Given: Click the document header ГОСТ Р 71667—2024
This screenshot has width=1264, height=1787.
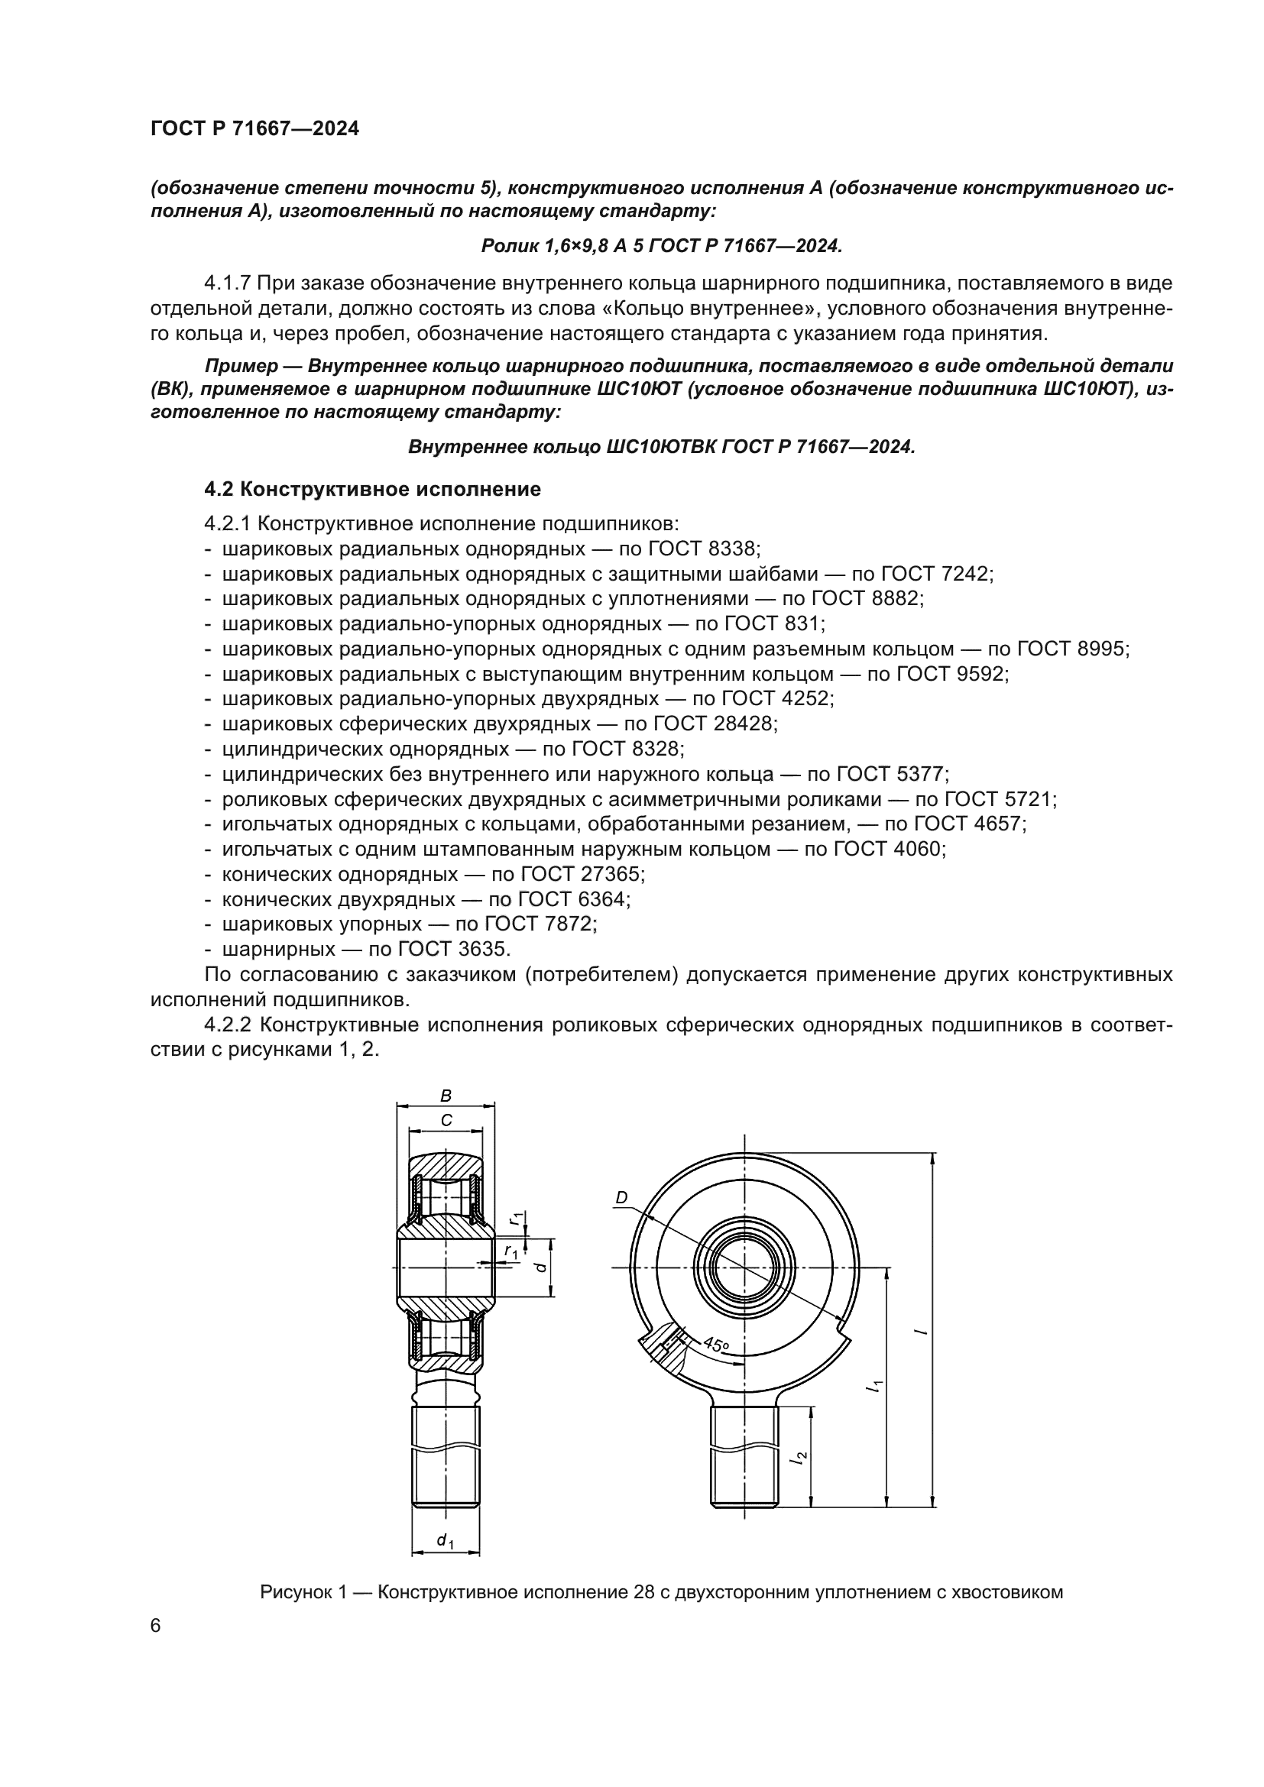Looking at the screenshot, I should coord(254,129).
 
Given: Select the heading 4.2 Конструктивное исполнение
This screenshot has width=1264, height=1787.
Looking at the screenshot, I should coord(372,490).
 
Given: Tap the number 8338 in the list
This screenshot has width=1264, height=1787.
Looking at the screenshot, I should coord(732,549).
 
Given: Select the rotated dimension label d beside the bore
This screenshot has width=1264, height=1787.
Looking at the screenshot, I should coord(543,1267).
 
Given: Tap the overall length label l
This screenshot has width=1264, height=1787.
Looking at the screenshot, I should coord(922,1332).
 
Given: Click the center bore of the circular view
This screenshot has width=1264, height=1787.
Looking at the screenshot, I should coord(744,1267).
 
